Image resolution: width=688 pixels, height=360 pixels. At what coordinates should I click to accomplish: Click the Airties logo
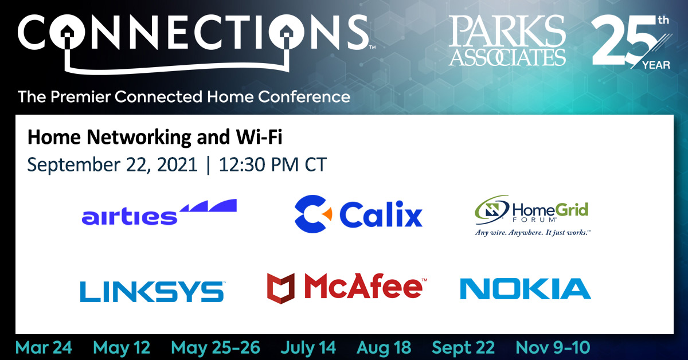point(159,212)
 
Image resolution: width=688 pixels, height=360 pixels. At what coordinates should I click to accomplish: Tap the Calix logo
point(358,214)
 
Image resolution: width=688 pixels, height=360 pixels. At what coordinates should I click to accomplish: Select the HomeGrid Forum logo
point(533,216)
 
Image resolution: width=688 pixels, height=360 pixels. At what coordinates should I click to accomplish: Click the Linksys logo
point(153,291)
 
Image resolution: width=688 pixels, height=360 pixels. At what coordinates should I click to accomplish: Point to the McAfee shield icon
point(281,288)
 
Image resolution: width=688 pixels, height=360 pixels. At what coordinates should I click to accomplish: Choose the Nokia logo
point(526,288)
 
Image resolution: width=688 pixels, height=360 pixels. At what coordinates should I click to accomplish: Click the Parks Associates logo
point(507,40)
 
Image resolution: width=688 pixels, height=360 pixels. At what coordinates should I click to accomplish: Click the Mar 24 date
point(44,348)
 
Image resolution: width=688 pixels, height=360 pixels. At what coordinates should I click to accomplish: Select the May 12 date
point(122,348)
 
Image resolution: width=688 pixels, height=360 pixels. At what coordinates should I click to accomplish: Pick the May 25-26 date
point(216,348)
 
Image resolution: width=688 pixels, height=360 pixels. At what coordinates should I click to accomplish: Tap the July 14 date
point(308,348)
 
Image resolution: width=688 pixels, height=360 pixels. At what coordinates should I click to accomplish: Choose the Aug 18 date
point(384,348)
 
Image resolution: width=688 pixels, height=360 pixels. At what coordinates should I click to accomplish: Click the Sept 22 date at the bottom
point(463,348)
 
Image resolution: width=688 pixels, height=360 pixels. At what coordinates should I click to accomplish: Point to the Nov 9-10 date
point(553,348)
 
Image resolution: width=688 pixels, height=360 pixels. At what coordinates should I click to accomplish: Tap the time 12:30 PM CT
point(273,165)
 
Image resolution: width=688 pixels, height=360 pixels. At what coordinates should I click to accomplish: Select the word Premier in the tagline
point(80,97)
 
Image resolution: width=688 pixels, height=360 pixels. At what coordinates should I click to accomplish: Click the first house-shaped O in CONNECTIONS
point(67,32)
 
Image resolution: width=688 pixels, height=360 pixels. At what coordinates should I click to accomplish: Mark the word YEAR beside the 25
point(656,65)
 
